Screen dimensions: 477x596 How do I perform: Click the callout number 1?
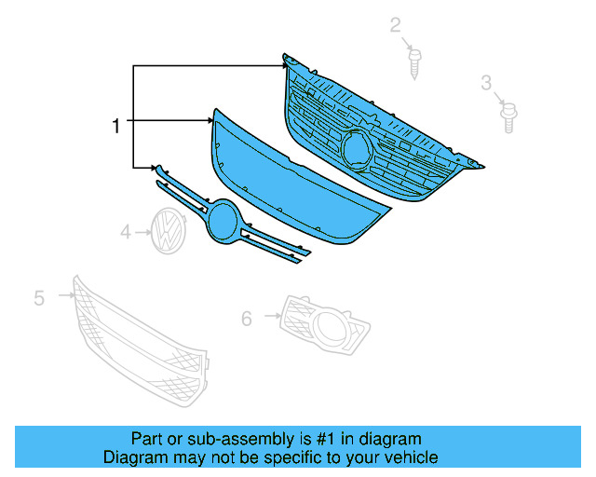(115, 126)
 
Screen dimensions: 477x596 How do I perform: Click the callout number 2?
(395, 25)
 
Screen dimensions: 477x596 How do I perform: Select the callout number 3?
(486, 84)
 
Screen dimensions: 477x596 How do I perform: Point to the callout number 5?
(39, 297)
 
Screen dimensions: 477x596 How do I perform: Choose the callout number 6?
(246, 319)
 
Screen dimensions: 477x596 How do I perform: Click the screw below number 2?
(414, 62)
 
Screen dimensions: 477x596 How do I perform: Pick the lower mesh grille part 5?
(140, 345)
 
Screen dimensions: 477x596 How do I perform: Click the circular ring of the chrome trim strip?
(223, 226)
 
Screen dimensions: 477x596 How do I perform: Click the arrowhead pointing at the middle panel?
(210, 120)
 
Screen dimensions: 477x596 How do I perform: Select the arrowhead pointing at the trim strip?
(151, 168)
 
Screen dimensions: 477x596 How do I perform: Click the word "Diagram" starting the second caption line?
(133, 457)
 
